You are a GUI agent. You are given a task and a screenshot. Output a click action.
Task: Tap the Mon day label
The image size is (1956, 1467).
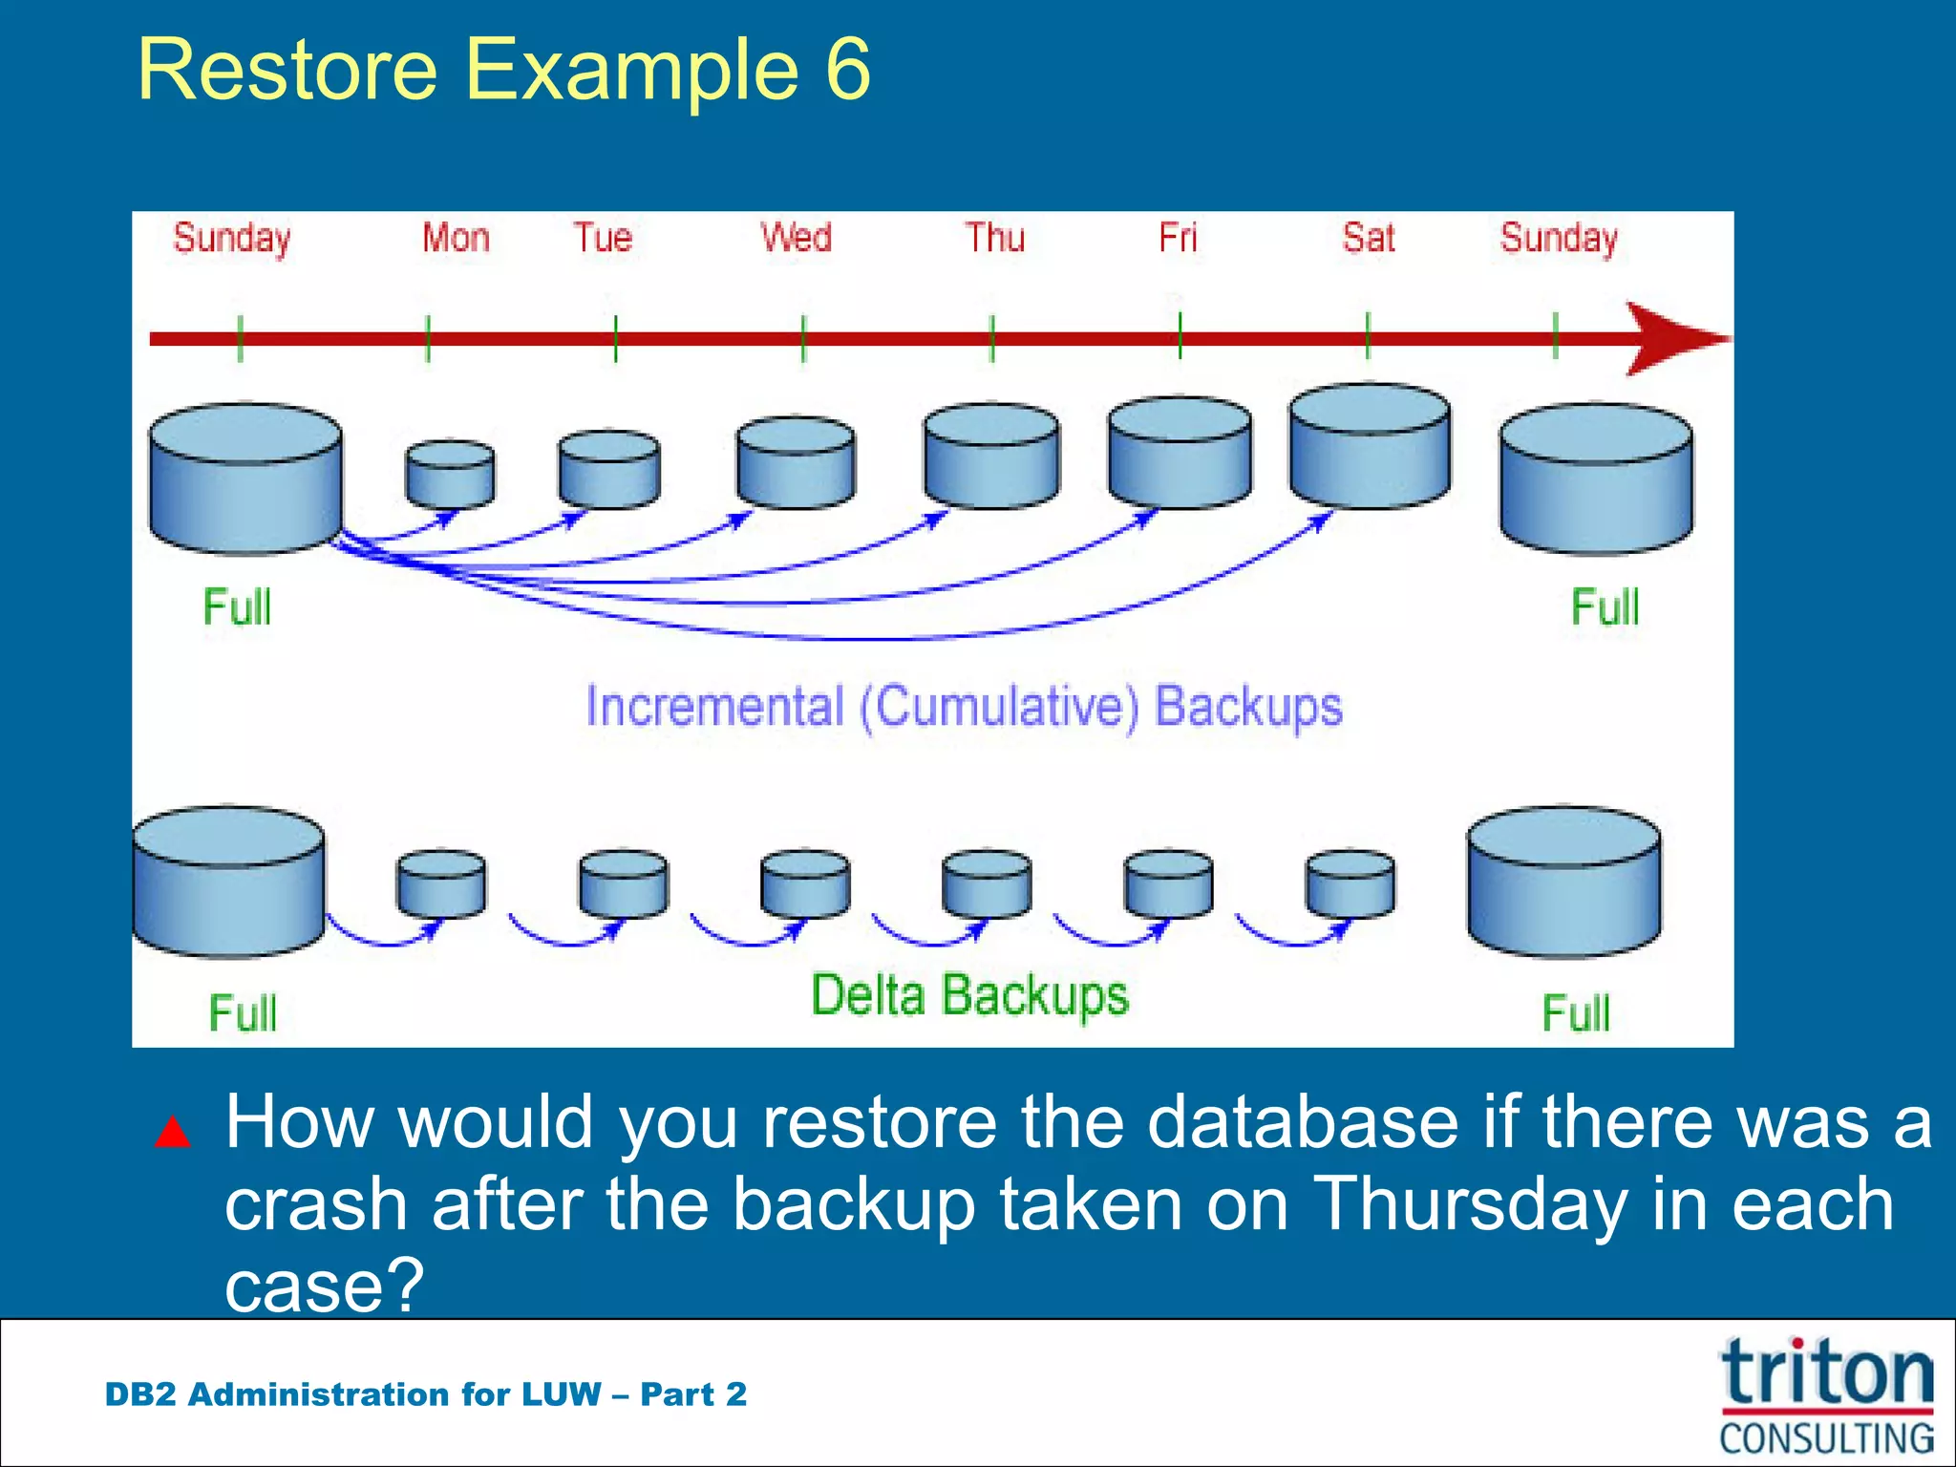[x=456, y=238]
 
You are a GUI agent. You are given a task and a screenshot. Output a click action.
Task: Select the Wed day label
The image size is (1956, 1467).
[x=796, y=238]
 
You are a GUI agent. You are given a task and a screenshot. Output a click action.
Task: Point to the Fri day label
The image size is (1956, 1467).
[x=1178, y=238]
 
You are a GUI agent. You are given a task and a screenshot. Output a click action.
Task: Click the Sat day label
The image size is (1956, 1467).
[x=1368, y=238]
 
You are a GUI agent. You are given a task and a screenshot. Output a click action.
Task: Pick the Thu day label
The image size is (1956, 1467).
[x=994, y=238]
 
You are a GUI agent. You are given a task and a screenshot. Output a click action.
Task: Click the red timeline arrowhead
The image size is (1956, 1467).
[x=1672, y=339]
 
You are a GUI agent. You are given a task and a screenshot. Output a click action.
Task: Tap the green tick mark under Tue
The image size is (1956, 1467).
[x=616, y=339]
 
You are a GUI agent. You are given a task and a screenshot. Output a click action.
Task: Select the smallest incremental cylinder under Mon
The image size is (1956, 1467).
[x=450, y=474]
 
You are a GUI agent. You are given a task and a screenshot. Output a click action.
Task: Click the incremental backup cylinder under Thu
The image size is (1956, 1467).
[x=991, y=457]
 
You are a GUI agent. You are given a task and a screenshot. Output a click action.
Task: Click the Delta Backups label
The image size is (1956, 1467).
[x=969, y=995]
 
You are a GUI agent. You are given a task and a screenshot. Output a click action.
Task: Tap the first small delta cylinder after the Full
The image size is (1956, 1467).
[x=440, y=883]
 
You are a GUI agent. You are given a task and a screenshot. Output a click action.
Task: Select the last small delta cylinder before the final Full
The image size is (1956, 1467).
[x=1350, y=883]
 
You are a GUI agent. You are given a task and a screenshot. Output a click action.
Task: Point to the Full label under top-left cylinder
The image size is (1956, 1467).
[x=237, y=607]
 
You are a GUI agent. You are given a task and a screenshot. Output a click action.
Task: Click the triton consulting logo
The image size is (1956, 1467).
[x=1826, y=1394]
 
